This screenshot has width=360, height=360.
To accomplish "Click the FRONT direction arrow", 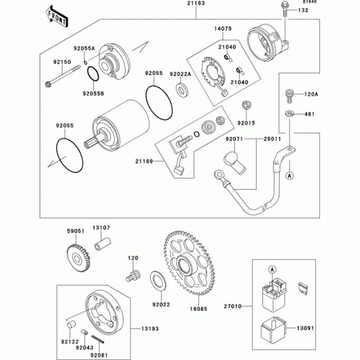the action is pos(57,17).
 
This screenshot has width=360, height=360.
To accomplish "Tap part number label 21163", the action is pos(196,3).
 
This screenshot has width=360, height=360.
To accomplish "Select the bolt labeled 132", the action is pos(284,9).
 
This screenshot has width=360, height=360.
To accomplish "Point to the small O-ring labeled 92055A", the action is pos(85,63).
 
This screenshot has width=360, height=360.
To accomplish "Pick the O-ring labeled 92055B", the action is pos(93,74).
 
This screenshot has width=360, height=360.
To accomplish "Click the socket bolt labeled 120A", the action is pos(289,97).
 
